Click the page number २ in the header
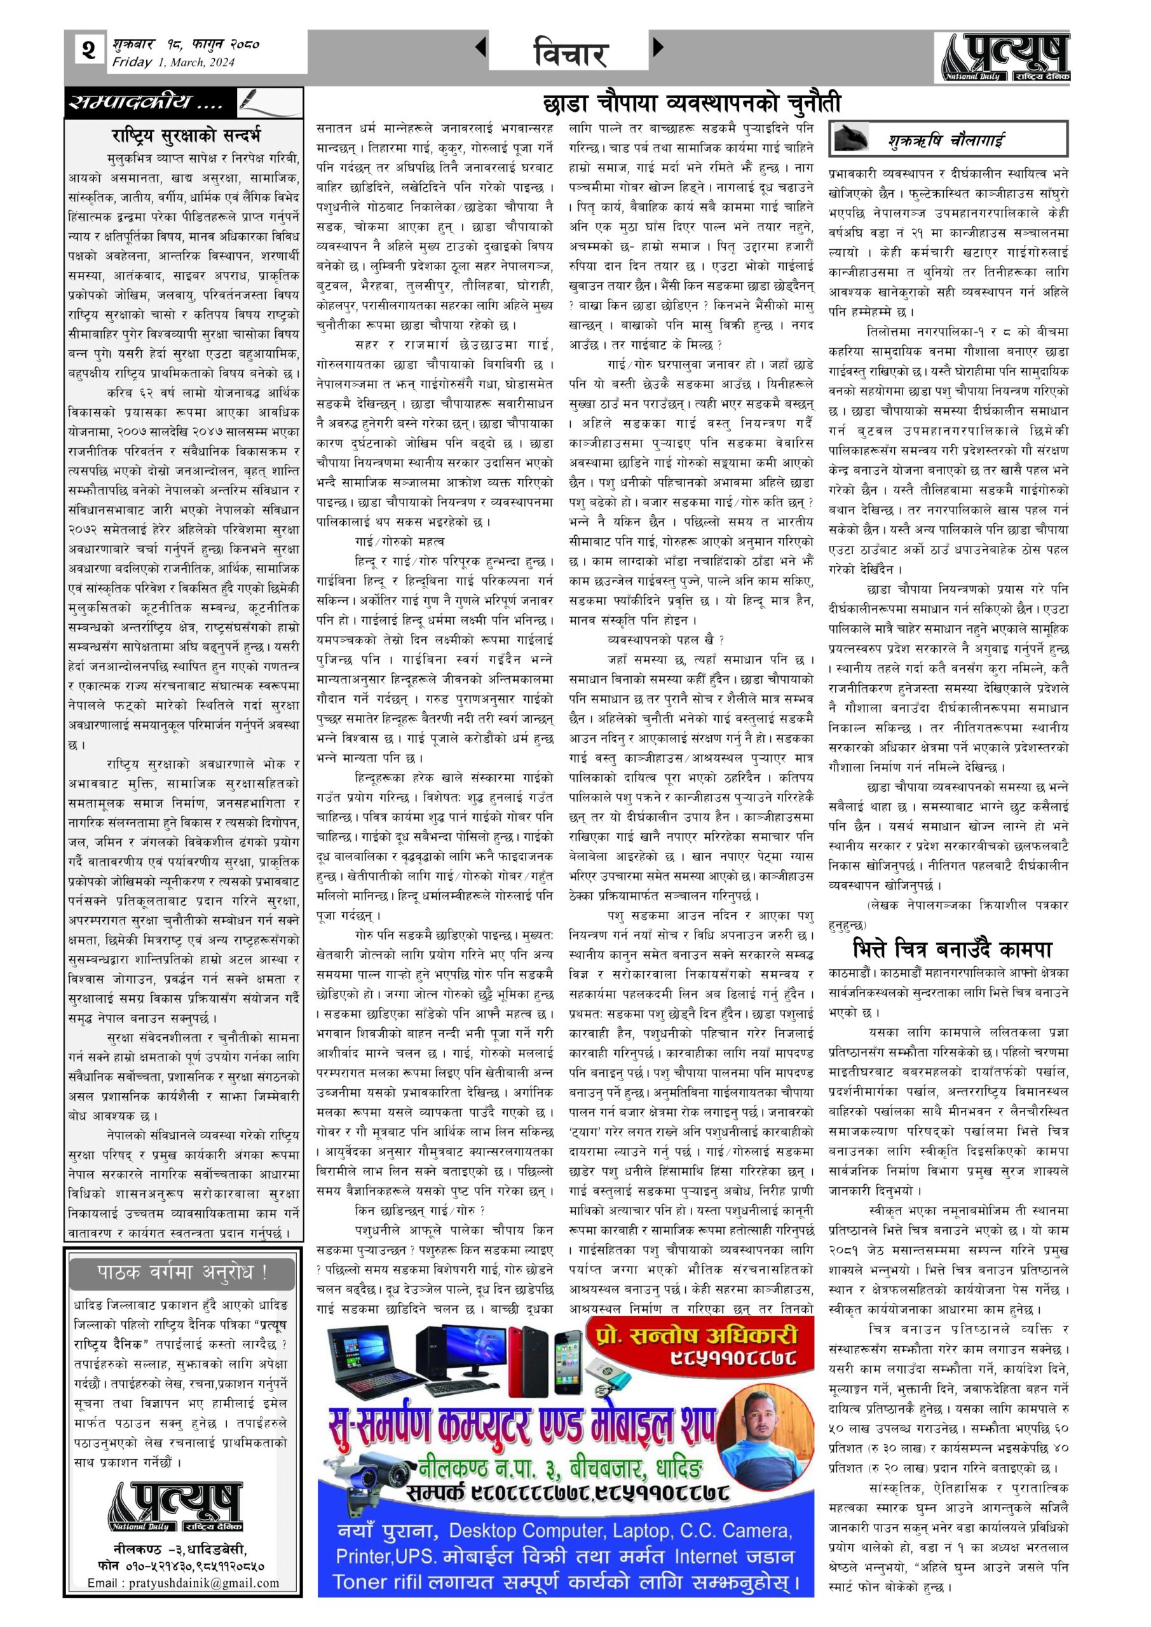coord(88,51)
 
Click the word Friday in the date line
coord(132,62)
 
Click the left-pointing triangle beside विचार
coord(480,48)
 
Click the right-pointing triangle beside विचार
coord(658,48)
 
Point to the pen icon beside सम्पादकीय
coord(257,101)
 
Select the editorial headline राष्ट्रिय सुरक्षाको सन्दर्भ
coord(186,135)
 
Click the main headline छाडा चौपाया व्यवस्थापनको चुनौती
coord(690,104)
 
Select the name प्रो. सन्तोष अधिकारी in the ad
coord(697,1336)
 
